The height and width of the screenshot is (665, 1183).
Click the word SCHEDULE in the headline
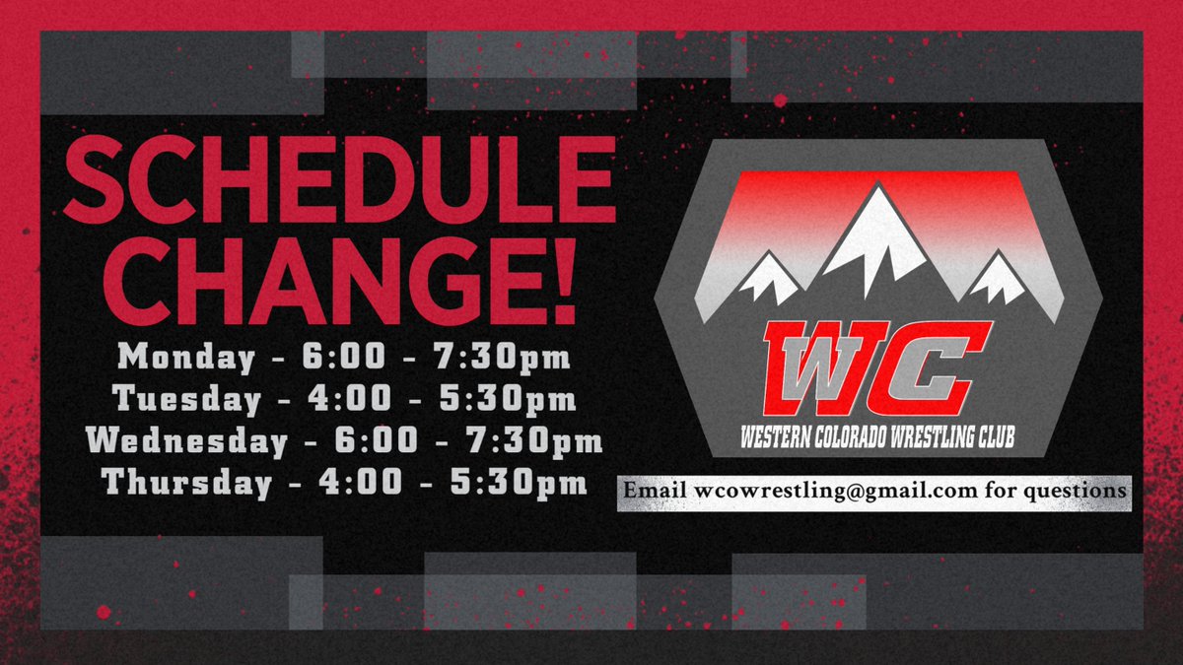[x=339, y=186]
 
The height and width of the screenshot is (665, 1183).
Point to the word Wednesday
[x=186, y=440]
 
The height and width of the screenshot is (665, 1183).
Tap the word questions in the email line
[x=1078, y=490]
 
